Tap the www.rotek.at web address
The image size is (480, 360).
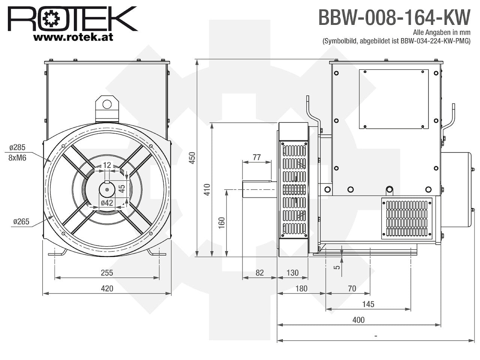pyautogui.click(x=73, y=37)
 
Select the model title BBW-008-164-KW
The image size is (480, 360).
pyautogui.click(x=394, y=17)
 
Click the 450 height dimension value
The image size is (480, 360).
pyautogui.click(x=192, y=158)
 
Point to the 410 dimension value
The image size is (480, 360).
pyautogui.click(x=207, y=190)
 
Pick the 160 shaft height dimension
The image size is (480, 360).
pyautogui.click(x=222, y=223)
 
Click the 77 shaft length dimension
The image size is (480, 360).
pyautogui.click(x=257, y=157)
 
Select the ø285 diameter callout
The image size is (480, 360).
pyautogui.click(x=18, y=147)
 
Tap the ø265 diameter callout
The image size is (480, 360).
pyautogui.click(x=21, y=222)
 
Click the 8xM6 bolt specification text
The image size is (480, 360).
pyautogui.click(x=17, y=157)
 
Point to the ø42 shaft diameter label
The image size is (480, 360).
pyautogui.click(x=107, y=203)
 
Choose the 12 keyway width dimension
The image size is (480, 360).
pyautogui.click(x=107, y=165)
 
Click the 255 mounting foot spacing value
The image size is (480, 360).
pyautogui.click(x=107, y=273)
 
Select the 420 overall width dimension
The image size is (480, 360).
pyautogui.click(x=107, y=288)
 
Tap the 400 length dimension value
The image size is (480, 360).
pyautogui.click(x=358, y=320)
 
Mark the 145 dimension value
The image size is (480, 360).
pyautogui.click(x=368, y=304)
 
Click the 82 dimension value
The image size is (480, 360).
pyautogui.click(x=259, y=273)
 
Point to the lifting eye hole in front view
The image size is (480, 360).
pyautogui.click(x=107, y=105)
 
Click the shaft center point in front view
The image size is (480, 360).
pyautogui.click(x=107, y=189)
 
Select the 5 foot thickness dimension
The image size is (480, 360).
pyautogui.click(x=337, y=267)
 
